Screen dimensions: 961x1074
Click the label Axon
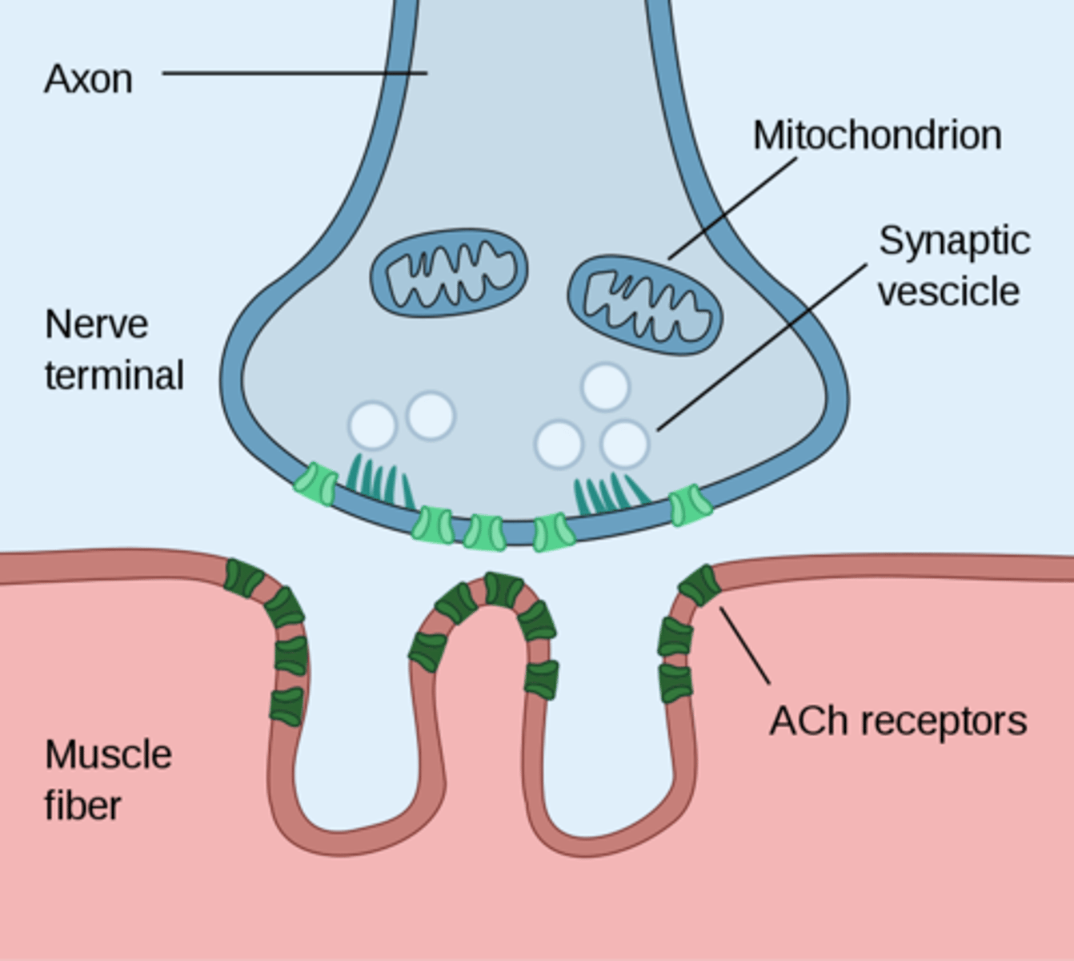click(88, 79)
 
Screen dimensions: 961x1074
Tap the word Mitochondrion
click(877, 135)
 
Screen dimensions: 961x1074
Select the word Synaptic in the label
click(954, 241)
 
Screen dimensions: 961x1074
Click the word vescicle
click(948, 292)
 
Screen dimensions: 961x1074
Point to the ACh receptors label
click(897, 721)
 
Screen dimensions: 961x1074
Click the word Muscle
click(108, 755)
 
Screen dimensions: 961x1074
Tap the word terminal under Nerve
click(114, 376)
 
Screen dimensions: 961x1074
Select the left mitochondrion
click(449, 272)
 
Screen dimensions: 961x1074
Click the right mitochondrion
click(645, 305)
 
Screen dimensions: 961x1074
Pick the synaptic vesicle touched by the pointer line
click(624, 444)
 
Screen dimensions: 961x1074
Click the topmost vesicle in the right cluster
click(605, 387)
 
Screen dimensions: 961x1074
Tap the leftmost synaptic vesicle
click(372, 425)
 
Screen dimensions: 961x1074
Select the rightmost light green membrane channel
click(689, 505)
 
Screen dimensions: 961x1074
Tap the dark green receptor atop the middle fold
click(503, 589)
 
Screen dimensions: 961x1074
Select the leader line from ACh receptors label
click(745, 645)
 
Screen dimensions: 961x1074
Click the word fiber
click(82, 806)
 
